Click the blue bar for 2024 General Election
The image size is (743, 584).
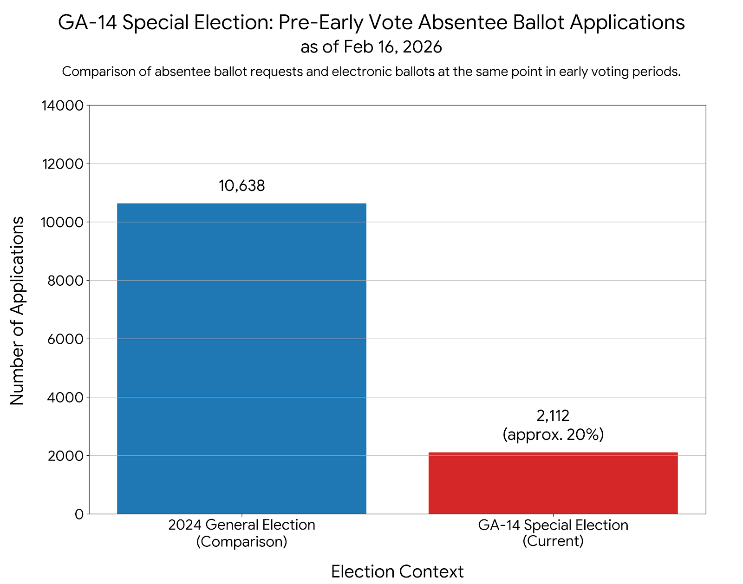241,358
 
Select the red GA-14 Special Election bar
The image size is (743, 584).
553,483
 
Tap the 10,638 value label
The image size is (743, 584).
241,186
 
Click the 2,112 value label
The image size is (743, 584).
553,415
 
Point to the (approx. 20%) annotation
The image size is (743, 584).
553,434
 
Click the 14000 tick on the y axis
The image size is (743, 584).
62,105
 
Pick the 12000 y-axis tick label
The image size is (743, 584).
62,164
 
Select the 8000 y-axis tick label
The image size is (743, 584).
65,281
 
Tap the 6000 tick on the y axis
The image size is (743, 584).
65,339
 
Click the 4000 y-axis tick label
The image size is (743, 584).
65,398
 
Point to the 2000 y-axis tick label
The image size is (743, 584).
65,456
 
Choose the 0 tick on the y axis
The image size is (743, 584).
79,514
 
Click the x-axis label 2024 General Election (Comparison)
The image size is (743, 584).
241,533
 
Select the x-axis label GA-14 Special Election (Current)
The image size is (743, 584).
553,533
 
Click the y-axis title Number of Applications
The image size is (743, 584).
17,310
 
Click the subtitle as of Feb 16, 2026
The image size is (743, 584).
371,47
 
